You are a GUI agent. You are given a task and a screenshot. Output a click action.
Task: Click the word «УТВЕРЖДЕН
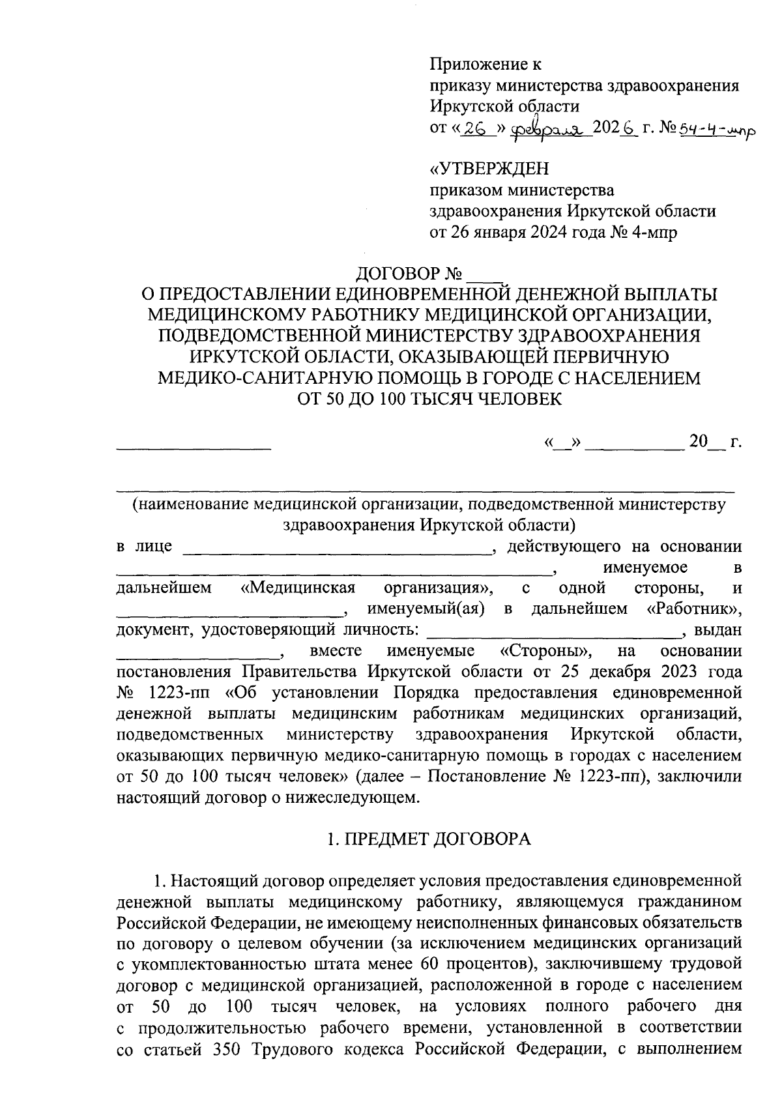[489, 169]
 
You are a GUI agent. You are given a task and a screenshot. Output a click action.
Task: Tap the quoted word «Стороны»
[546, 651]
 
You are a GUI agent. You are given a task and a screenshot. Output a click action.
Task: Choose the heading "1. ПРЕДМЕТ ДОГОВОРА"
[429, 839]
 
